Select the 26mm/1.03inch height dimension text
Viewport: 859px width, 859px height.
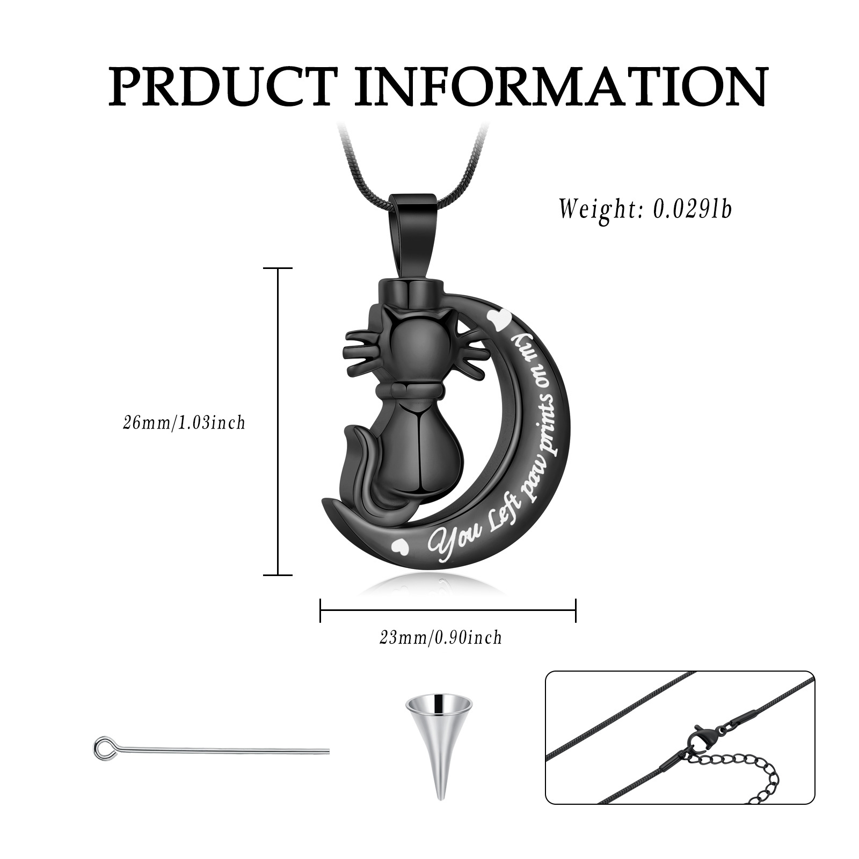(184, 423)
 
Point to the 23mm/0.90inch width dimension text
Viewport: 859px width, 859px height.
(441, 638)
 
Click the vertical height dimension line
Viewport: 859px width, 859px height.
(278, 421)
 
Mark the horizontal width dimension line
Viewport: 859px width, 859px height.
(448, 610)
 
